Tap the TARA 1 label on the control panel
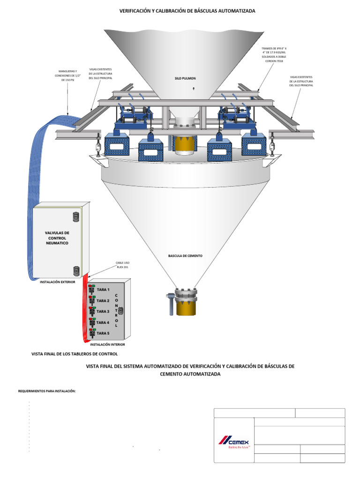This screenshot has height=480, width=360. [x=103, y=290]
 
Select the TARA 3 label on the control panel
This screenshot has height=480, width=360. [x=103, y=311]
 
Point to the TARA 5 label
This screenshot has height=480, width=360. [x=103, y=333]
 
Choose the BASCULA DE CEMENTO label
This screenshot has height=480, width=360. [x=185, y=256]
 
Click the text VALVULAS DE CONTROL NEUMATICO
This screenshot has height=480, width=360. [x=57, y=238]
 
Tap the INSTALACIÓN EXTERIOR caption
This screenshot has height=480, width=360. [x=57, y=282]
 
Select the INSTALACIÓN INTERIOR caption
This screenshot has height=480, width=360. [x=107, y=345]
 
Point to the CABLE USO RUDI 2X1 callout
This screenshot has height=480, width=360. [x=122, y=265]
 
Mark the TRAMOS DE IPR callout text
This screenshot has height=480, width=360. [x=274, y=55]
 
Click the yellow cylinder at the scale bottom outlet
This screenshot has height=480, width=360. [x=187, y=308]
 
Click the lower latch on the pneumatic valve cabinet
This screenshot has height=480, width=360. [x=76, y=270]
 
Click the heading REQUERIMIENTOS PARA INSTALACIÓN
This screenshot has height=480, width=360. [x=47, y=390]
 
